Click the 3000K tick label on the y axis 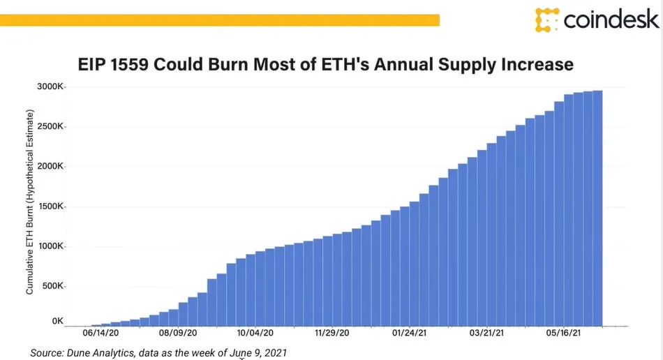pos(50,88)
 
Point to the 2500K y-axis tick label pos(50,128)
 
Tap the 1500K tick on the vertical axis pos(50,207)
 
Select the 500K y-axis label pos(53,287)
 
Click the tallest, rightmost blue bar pos(597,209)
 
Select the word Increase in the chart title pos(537,66)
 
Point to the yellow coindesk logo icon pos(547,20)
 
